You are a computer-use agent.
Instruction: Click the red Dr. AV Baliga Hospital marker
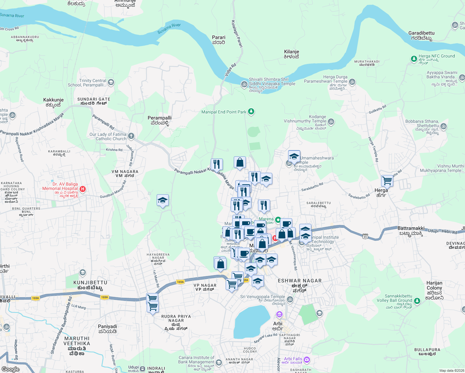click(x=82, y=189)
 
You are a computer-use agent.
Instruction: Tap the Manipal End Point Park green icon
click(x=251, y=112)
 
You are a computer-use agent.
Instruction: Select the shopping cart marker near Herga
click(x=387, y=180)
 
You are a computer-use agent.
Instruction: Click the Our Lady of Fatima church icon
click(x=131, y=136)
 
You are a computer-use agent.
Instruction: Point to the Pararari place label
click(x=219, y=40)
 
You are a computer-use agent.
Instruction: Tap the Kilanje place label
click(x=291, y=54)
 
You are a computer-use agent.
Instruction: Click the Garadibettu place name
click(x=421, y=35)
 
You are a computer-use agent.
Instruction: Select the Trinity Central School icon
click(x=111, y=82)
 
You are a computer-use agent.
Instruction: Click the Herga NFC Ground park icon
click(x=414, y=58)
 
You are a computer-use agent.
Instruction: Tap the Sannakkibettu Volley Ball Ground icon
click(x=417, y=301)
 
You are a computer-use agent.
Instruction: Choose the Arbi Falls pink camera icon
click(x=307, y=360)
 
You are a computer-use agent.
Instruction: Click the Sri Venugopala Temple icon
click(x=290, y=299)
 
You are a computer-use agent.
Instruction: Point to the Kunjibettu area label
click(x=90, y=285)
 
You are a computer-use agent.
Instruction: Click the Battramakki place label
click(x=411, y=231)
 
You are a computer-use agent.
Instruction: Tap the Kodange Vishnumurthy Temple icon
click(x=331, y=122)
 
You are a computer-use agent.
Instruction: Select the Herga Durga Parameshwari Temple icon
click(x=352, y=82)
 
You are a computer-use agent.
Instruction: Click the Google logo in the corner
click(x=10, y=369)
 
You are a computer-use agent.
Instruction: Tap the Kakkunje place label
click(x=53, y=102)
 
